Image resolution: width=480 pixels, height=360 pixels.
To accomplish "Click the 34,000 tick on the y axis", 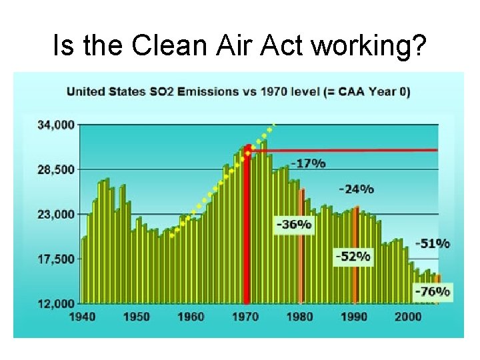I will [x=57, y=125].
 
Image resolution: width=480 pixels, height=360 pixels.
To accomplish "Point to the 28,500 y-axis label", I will [x=57, y=169].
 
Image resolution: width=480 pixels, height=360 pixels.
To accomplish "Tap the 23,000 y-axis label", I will [x=57, y=215].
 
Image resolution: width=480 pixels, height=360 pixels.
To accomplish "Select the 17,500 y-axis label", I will [x=57, y=259].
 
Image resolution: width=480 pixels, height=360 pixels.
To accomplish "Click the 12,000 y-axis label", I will [x=57, y=304].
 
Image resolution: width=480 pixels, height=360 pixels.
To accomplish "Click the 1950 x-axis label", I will [x=136, y=316].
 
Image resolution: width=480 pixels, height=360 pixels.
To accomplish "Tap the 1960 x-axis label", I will [x=191, y=316].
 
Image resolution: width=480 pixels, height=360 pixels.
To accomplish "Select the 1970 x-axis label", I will [x=245, y=316].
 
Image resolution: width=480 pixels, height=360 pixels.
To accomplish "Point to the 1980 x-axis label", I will [x=299, y=316].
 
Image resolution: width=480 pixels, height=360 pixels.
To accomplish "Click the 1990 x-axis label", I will [x=354, y=316].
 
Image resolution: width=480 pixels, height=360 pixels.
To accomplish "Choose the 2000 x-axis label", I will [x=408, y=316].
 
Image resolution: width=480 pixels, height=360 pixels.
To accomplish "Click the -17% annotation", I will [x=308, y=163].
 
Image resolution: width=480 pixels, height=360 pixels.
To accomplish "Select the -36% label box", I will [x=294, y=225].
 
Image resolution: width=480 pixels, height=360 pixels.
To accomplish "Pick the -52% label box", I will [x=353, y=256].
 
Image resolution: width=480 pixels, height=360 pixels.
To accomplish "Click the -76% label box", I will [x=432, y=291].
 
